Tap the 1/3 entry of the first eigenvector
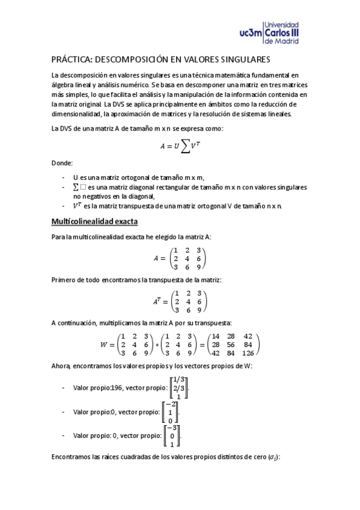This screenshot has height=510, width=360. [179, 379]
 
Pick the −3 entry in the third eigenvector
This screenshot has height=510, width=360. [172, 427]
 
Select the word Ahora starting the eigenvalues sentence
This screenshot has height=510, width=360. [61, 366]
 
